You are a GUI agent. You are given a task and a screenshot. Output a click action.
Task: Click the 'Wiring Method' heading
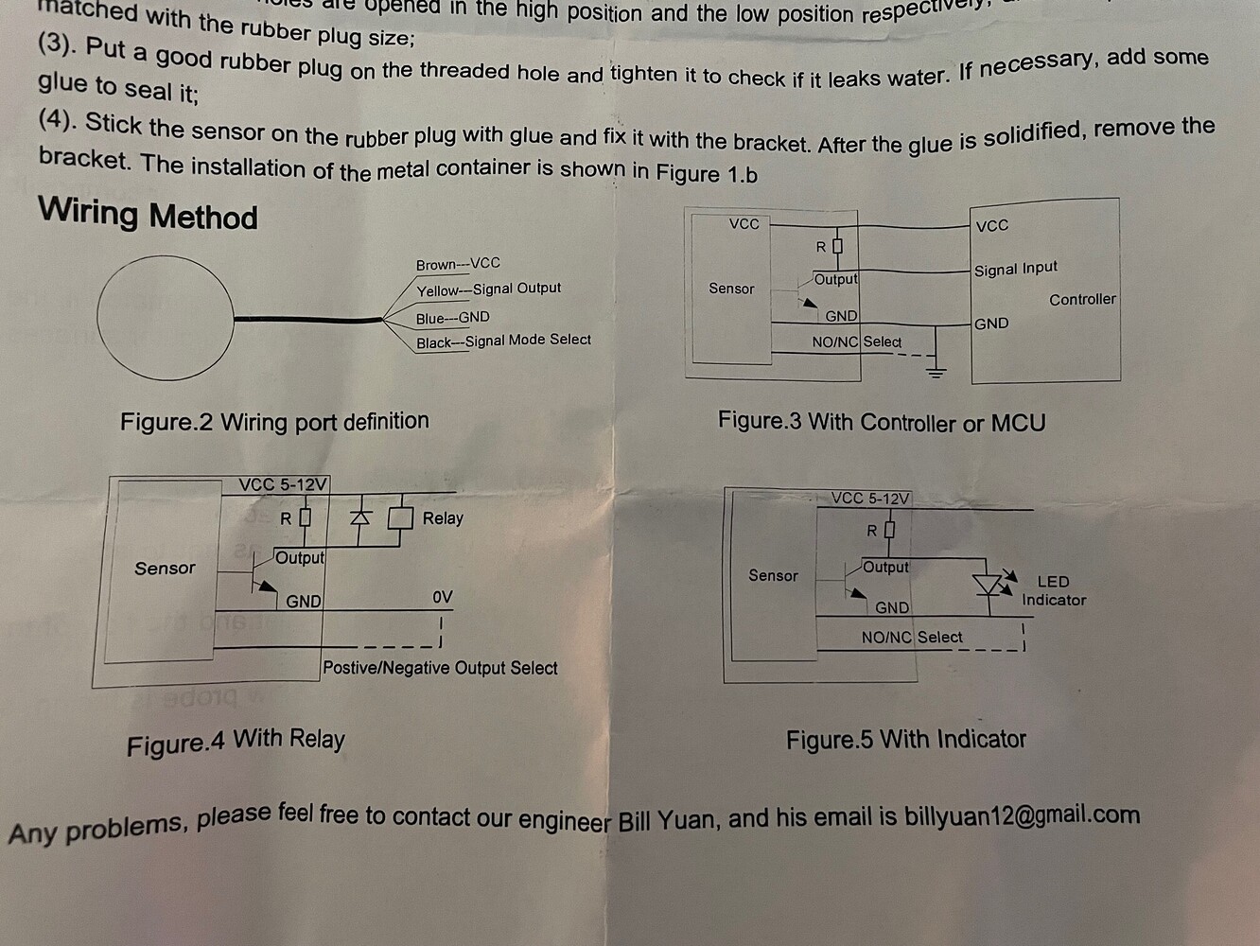point(148,214)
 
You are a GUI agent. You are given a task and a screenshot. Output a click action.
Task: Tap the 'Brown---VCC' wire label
point(458,264)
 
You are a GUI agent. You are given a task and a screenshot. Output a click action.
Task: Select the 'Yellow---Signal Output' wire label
point(488,289)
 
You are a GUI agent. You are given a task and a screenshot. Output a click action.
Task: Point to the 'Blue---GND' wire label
point(452,318)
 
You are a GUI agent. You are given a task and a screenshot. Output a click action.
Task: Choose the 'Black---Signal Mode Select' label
point(503,342)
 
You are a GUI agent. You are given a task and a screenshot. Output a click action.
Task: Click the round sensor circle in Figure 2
point(165,319)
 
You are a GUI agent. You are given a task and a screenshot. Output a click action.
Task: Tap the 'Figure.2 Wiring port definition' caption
point(274,421)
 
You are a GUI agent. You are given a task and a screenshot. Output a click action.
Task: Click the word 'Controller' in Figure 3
point(1082,299)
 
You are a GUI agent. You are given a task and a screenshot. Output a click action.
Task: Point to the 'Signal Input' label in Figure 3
point(1016,269)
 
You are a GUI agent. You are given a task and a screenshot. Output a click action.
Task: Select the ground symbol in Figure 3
point(936,370)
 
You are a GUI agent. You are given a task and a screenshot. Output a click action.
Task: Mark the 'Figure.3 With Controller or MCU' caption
point(882,422)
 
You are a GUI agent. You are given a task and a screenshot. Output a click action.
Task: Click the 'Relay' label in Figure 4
point(443,518)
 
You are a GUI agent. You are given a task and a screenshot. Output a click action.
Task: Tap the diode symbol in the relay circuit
point(359,517)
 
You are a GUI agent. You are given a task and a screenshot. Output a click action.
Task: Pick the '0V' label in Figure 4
point(442,597)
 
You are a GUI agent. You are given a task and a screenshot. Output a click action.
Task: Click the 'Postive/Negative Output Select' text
point(440,668)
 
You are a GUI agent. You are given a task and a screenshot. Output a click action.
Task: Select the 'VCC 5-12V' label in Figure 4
point(283,484)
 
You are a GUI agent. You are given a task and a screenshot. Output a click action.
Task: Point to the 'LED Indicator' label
point(1053,590)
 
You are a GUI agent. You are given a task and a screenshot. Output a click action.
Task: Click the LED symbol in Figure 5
point(989,585)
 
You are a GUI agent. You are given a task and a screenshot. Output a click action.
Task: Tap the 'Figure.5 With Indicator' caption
point(905,739)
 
